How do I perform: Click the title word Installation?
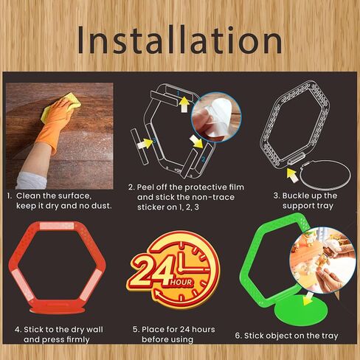tap(180, 41)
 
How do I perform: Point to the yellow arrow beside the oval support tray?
tap(292, 175)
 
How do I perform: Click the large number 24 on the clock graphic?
tap(150, 271)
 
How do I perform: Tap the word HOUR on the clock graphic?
tap(181, 283)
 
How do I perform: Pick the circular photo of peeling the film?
tap(216, 117)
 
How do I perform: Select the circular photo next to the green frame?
tap(322, 260)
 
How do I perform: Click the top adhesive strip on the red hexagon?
tap(57, 226)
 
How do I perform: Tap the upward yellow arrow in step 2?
tap(184, 105)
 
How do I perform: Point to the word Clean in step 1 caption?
tap(28, 195)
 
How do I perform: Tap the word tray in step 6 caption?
tap(329, 336)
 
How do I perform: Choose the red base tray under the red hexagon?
tap(58, 310)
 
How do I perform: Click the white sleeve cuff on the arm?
tap(31, 181)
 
